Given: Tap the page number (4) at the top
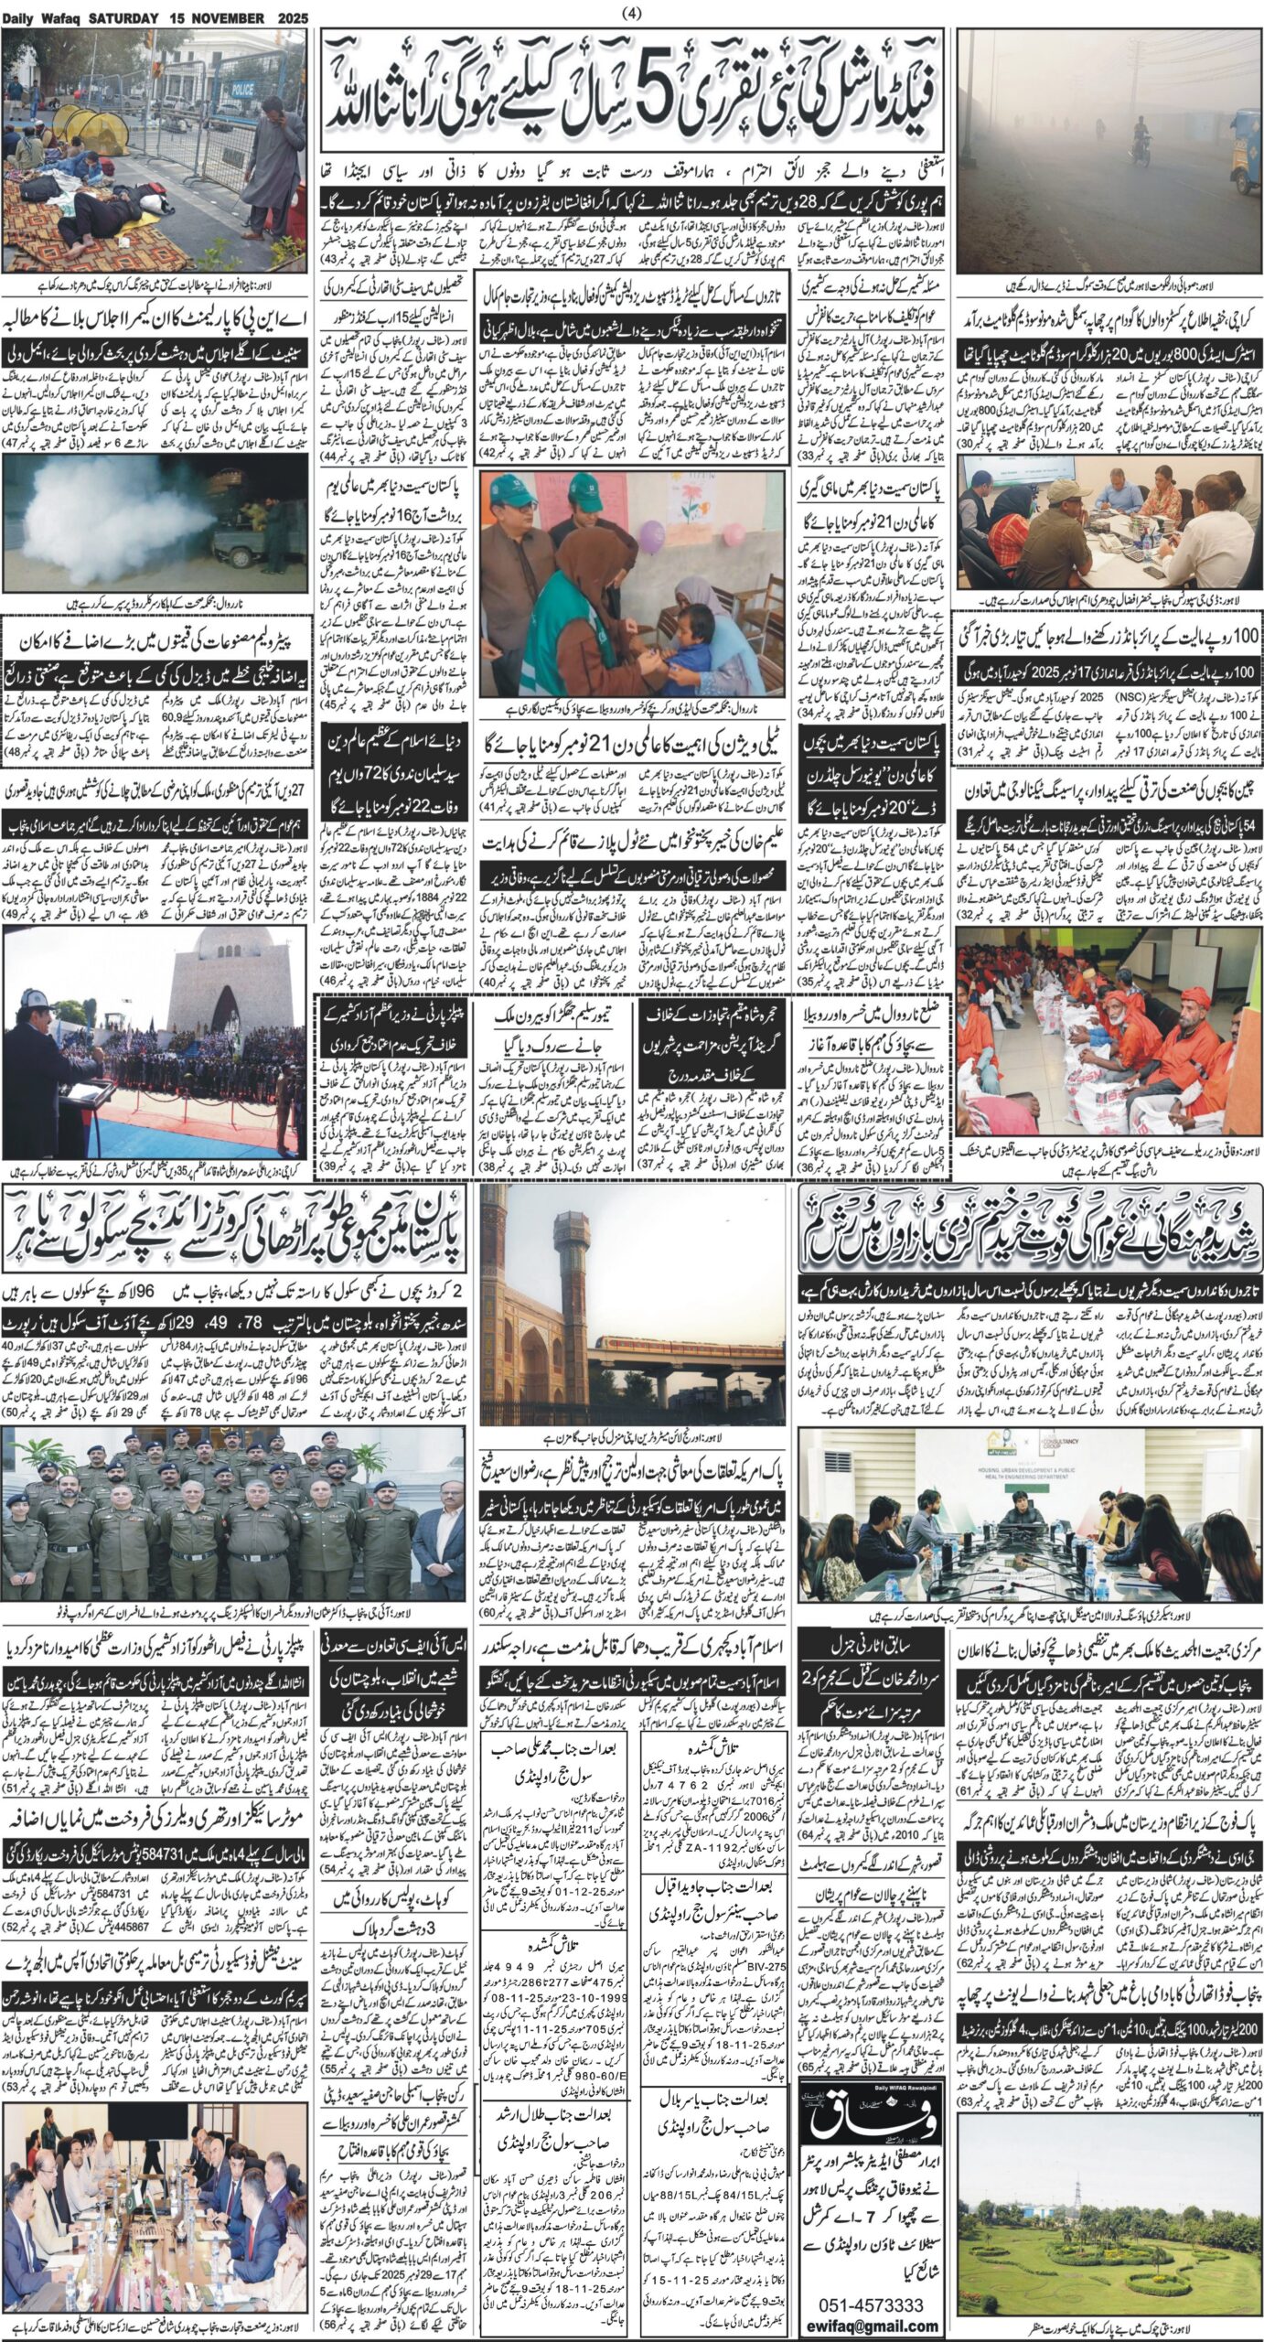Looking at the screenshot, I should (x=631, y=12).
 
